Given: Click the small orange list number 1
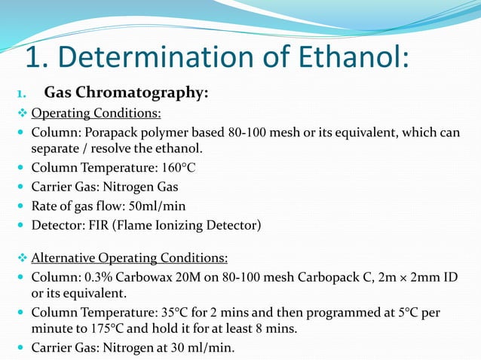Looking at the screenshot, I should (22, 94).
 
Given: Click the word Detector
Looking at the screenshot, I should (56, 224).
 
